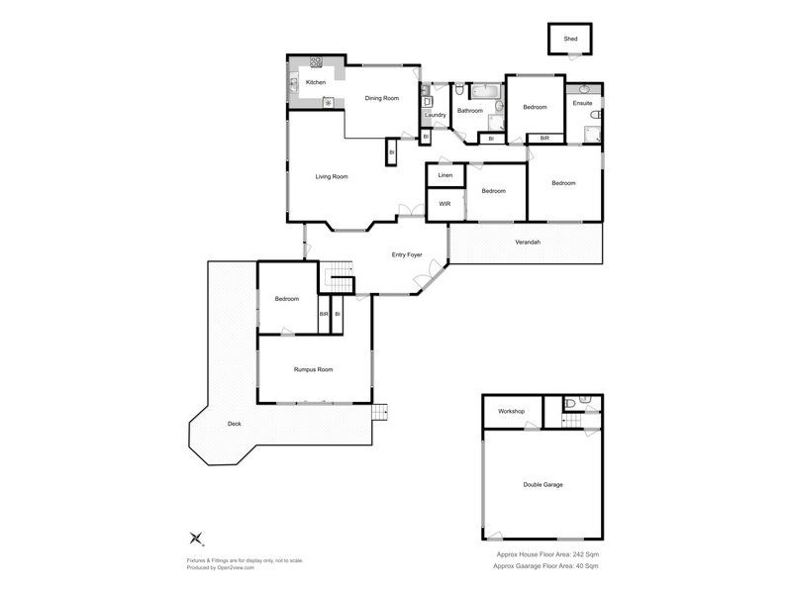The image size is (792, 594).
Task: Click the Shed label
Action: (x=570, y=40)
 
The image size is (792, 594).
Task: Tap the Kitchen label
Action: (x=316, y=82)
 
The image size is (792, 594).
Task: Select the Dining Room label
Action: (x=381, y=98)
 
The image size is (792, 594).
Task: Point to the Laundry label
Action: (x=436, y=115)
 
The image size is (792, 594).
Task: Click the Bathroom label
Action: (x=470, y=111)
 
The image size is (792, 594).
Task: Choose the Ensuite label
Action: (x=583, y=102)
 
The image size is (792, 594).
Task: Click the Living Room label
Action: (x=332, y=177)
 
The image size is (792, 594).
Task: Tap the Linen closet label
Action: (x=445, y=175)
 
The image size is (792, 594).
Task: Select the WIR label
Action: (x=445, y=205)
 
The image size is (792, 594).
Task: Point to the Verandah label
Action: (x=527, y=243)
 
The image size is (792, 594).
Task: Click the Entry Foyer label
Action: (x=407, y=255)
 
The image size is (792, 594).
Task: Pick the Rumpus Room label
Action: (x=313, y=369)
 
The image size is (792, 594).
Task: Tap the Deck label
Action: (x=235, y=424)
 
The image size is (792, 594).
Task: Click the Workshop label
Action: (x=511, y=411)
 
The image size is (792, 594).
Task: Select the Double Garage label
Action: (x=543, y=485)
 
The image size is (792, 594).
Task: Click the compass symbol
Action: (x=195, y=539)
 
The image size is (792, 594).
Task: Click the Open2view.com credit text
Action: (x=221, y=568)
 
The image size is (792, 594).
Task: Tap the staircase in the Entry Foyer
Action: (x=340, y=278)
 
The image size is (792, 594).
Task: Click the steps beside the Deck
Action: (x=380, y=412)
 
